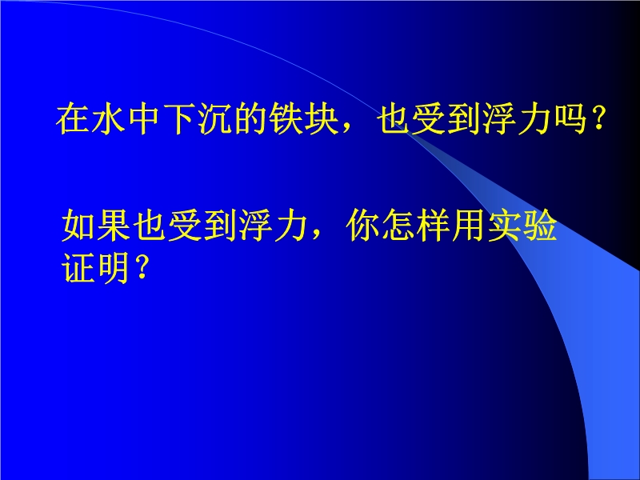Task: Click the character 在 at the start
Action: [x=73, y=118]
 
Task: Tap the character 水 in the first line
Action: [x=108, y=118]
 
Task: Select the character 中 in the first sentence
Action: [x=144, y=118]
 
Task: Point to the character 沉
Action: [x=214, y=118]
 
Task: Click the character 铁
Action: [x=286, y=118]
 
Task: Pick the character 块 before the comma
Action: [x=322, y=118]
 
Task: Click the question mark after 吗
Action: [x=598, y=118]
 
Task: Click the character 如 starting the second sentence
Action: [x=78, y=225]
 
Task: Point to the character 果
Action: [x=114, y=225]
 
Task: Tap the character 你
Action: [x=363, y=225]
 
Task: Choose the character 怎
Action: [x=398, y=225]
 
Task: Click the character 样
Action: [x=434, y=225]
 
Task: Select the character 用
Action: [x=470, y=225]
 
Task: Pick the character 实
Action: [x=505, y=225]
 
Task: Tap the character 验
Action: [x=541, y=225]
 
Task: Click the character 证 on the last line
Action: [x=78, y=267]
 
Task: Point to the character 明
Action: [x=114, y=267]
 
